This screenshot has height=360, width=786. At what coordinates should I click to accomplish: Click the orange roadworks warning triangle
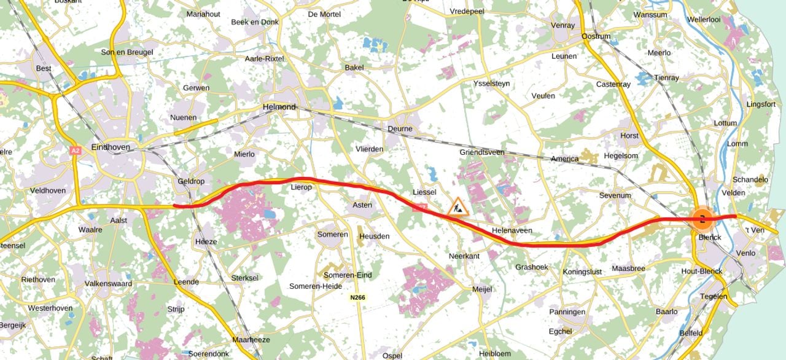(x=459, y=206)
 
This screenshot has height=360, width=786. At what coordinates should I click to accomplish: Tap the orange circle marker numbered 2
(x=702, y=218)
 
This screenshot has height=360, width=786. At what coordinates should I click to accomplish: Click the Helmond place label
(x=279, y=107)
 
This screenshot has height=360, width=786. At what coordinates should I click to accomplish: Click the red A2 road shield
(x=76, y=151)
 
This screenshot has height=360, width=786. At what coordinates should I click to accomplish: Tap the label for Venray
(x=562, y=25)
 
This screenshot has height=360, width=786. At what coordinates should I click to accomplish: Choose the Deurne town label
(x=400, y=129)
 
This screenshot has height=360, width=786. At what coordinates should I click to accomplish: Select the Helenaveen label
(x=512, y=230)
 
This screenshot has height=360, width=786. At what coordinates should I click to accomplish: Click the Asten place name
(x=362, y=205)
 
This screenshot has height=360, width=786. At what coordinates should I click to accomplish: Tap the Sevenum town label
(x=615, y=195)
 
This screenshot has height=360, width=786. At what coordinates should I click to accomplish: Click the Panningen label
(x=567, y=312)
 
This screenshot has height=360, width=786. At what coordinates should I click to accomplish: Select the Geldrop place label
(x=190, y=181)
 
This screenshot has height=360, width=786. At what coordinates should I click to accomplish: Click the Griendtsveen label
(x=482, y=152)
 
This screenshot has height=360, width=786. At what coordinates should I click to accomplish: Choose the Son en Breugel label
(x=127, y=52)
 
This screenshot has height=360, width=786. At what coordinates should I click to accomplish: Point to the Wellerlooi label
(x=704, y=20)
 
